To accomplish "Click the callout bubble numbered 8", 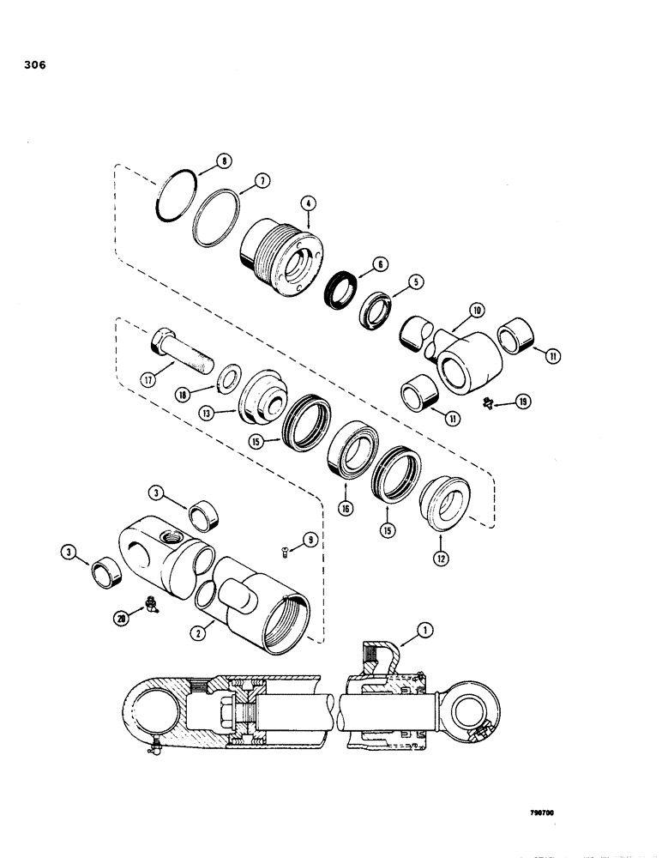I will [x=199, y=160].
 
